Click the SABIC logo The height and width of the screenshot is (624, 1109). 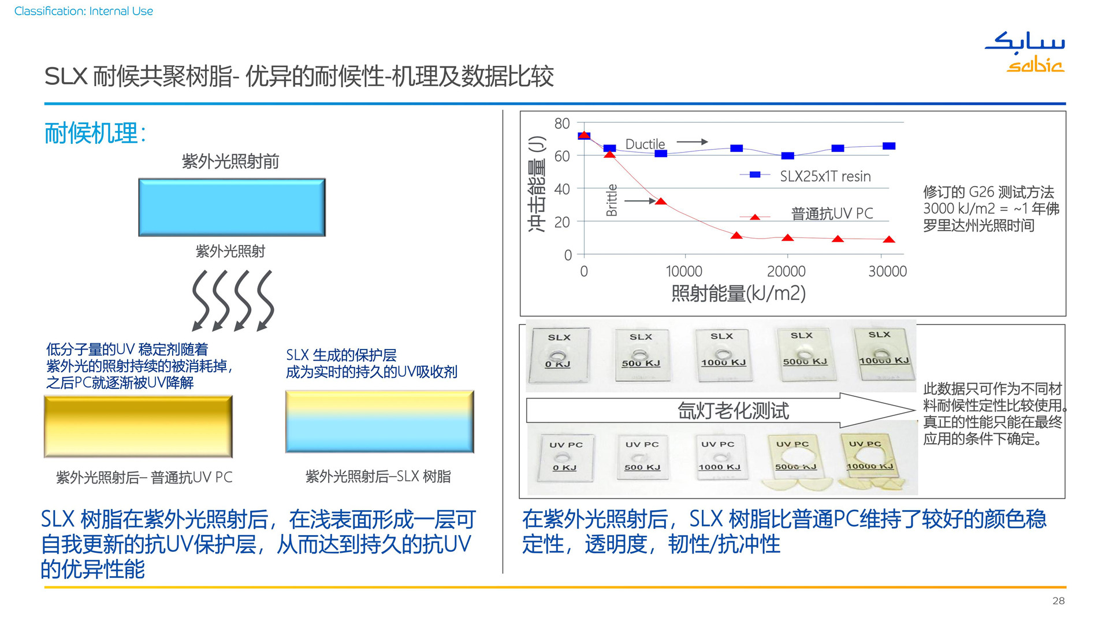pos(1025,52)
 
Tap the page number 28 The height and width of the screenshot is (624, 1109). pos(1058,601)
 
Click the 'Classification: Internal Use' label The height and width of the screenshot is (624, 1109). pos(84,11)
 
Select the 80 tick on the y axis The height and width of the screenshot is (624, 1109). pos(562,124)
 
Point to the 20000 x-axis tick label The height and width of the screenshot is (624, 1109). pos(786,271)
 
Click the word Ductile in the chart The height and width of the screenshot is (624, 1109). pos(645,144)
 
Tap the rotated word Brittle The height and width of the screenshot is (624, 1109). pos(612,200)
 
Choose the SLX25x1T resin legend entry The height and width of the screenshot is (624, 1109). pos(805,176)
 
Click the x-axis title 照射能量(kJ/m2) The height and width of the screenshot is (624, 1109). pos(738,294)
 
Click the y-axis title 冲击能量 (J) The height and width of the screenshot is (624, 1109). pos(537,184)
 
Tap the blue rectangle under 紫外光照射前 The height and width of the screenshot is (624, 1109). pos(232,207)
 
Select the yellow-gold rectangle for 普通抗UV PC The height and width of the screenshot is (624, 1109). pos(139,426)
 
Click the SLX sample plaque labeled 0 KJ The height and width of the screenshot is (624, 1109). pos(559,355)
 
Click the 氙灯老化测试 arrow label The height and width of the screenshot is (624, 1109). pos(733,411)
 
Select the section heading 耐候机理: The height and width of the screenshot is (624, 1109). pos(95,133)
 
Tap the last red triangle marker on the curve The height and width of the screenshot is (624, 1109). pos(890,239)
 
